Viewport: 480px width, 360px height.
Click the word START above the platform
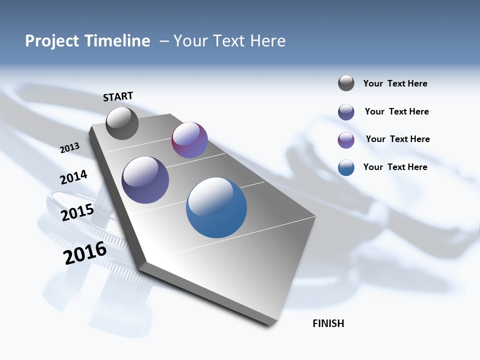pyautogui.click(x=118, y=96)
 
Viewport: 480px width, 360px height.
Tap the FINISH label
pyautogui.click(x=328, y=323)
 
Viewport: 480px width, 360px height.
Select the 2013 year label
pyautogui.click(x=70, y=147)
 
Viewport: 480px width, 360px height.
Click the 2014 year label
pyautogui.click(x=73, y=177)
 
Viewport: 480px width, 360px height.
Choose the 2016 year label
pyautogui.click(x=85, y=252)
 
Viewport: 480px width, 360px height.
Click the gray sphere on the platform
pyautogui.click(x=122, y=123)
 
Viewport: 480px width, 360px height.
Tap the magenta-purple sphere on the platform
pyautogui.click(x=189, y=140)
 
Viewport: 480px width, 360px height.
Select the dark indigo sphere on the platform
pyautogui.click(x=145, y=180)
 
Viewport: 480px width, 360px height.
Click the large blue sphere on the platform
pyautogui.click(x=216, y=207)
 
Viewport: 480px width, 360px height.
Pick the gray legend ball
pyautogui.click(x=346, y=83)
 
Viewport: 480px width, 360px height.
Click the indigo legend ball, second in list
pyautogui.click(x=346, y=112)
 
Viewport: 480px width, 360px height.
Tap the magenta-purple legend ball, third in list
pyautogui.click(x=346, y=140)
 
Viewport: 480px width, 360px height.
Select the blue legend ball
pyautogui.click(x=346, y=167)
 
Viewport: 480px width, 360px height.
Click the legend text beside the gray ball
pyautogui.click(x=395, y=83)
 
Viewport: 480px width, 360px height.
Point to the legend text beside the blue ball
pyautogui.click(x=395, y=167)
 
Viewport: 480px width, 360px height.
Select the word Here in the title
pyautogui.click(x=268, y=41)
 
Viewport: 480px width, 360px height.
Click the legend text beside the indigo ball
pyautogui.click(x=396, y=111)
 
